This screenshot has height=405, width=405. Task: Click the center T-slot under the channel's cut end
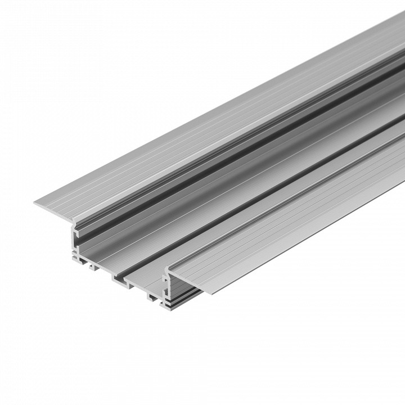[120, 277]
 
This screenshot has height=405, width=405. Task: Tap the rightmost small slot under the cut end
[153, 295]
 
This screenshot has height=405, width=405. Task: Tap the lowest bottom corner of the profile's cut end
[166, 308]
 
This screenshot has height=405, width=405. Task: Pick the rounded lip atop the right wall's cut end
[169, 273]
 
